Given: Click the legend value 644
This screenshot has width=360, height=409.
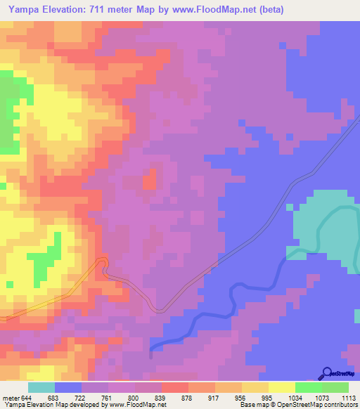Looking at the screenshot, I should click(27, 398).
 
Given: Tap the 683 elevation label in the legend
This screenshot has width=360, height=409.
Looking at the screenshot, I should click(54, 398).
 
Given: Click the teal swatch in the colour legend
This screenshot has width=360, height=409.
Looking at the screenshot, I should click(41, 387).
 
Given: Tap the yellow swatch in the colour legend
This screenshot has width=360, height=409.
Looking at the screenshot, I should click(281, 387).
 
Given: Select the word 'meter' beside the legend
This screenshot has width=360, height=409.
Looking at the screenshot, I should click(11, 398).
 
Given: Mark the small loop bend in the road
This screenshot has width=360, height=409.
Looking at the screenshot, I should click(103, 264).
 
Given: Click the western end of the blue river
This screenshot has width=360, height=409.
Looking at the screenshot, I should click(152, 349).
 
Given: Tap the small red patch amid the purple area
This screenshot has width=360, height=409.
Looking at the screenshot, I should click(150, 179).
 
